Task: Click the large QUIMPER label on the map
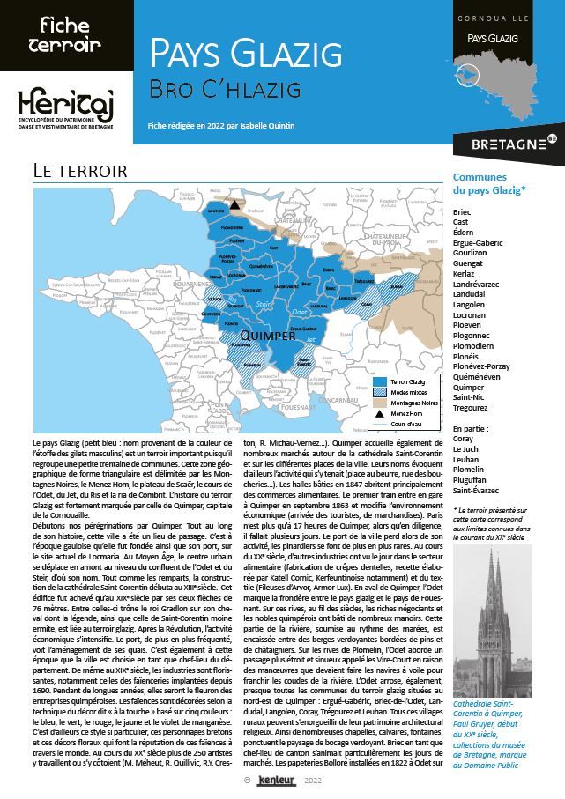(x=267, y=336)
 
